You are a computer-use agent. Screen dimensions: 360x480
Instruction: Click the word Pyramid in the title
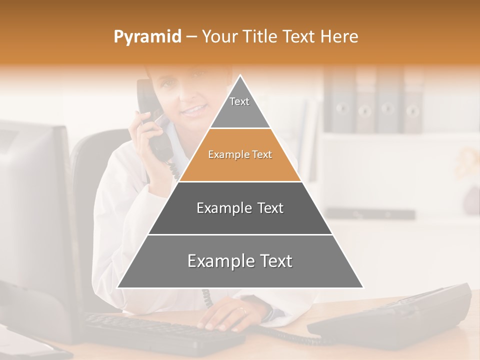coord(147,37)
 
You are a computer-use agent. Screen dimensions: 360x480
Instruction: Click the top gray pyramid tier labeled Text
coord(239,107)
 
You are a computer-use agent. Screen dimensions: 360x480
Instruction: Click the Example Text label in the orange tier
coord(240,155)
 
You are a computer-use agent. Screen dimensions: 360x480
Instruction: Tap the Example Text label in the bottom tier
coord(240,261)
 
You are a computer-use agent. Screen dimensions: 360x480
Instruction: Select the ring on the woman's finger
coord(243,310)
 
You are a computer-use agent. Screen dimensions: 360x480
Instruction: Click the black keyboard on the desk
coord(160,332)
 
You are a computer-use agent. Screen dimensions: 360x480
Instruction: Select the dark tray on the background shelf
coord(370,213)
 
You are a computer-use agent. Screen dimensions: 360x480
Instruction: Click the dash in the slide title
coord(191,37)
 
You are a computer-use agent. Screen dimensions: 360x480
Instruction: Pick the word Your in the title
coord(218,37)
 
